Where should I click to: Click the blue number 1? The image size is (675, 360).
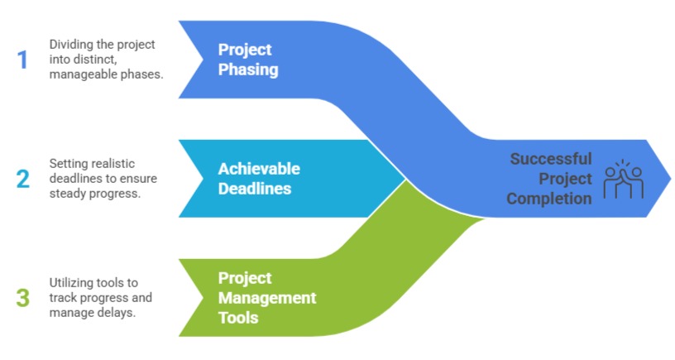[x=22, y=59]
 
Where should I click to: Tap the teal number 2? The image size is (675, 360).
[x=23, y=178]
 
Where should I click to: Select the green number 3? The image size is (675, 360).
[x=23, y=297]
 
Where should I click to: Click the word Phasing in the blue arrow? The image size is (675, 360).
[x=248, y=70]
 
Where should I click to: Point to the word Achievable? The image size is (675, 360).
[x=259, y=169]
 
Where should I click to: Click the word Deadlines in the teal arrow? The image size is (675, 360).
[x=255, y=189]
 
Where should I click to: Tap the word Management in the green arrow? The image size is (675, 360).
[x=267, y=297]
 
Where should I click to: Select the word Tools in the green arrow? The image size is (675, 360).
[x=238, y=317]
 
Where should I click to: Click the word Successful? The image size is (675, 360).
[x=551, y=158]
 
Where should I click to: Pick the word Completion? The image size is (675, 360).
[x=549, y=199]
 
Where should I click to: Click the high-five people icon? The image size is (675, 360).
[x=623, y=180]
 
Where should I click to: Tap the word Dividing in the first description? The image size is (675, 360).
[x=69, y=44]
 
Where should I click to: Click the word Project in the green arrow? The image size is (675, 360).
[x=245, y=277]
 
